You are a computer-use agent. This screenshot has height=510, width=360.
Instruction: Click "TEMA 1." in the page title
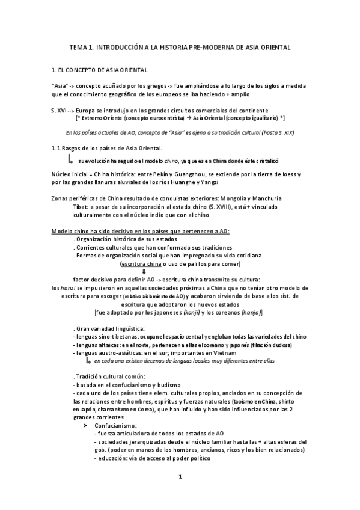tap(81, 46)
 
